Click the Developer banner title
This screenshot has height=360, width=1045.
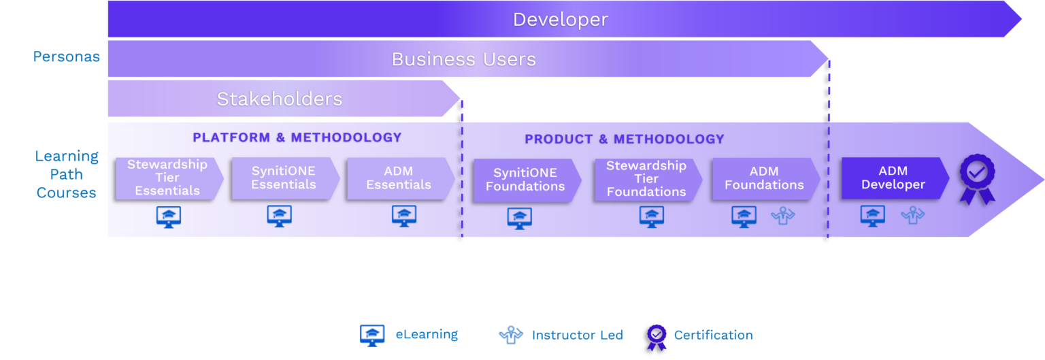(x=560, y=20)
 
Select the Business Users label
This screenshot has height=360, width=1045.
(x=463, y=60)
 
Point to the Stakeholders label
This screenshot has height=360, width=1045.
(x=279, y=99)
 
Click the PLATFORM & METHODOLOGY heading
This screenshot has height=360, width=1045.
(x=297, y=137)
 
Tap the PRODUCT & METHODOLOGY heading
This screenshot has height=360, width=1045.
(x=624, y=140)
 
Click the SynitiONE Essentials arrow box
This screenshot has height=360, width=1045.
(x=284, y=178)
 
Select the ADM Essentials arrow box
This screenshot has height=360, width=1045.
(x=399, y=178)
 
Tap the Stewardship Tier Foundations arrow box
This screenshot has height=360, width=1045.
(x=647, y=179)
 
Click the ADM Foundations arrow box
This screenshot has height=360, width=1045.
(x=765, y=178)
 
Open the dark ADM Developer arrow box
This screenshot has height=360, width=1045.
(x=893, y=178)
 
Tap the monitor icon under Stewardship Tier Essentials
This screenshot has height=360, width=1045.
(x=168, y=216)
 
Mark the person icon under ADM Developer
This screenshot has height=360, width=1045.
(x=913, y=216)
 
